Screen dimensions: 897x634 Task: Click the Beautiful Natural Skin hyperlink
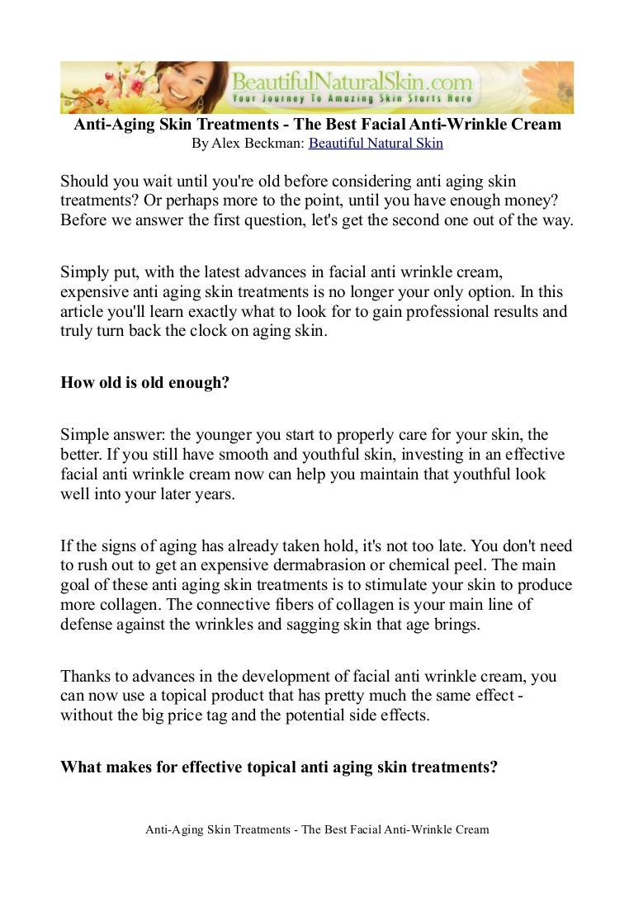pyautogui.click(x=376, y=144)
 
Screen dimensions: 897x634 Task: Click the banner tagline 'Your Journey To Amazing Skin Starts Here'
pyautogui.click(x=352, y=99)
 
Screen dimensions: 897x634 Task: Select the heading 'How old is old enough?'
pyautogui.click(x=144, y=383)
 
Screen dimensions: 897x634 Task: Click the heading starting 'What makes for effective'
pyautogui.click(x=279, y=766)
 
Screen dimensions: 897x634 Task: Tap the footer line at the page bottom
pyautogui.click(x=317, y=830)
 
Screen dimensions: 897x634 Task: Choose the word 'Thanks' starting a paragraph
pyautogui.click(x=85, y=677)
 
